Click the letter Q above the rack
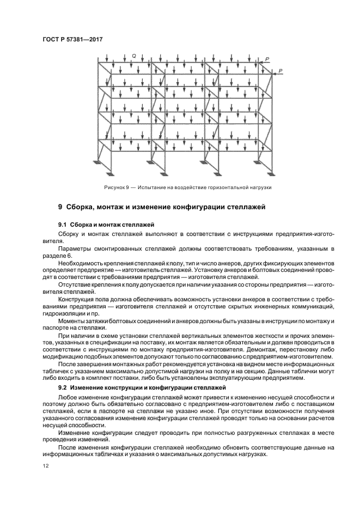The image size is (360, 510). click(x=133, y=56)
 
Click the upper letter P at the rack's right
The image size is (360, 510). click(x=267, y=59)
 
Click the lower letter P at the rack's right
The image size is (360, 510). click(x=280, y=71)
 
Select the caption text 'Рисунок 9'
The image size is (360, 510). click(x=116, y=188)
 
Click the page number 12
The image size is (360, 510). click(x=46, y=464)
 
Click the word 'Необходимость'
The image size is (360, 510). click(x=81, y=263)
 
